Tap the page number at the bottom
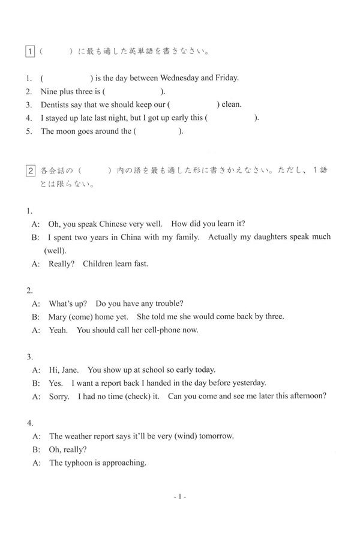point(180,497)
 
